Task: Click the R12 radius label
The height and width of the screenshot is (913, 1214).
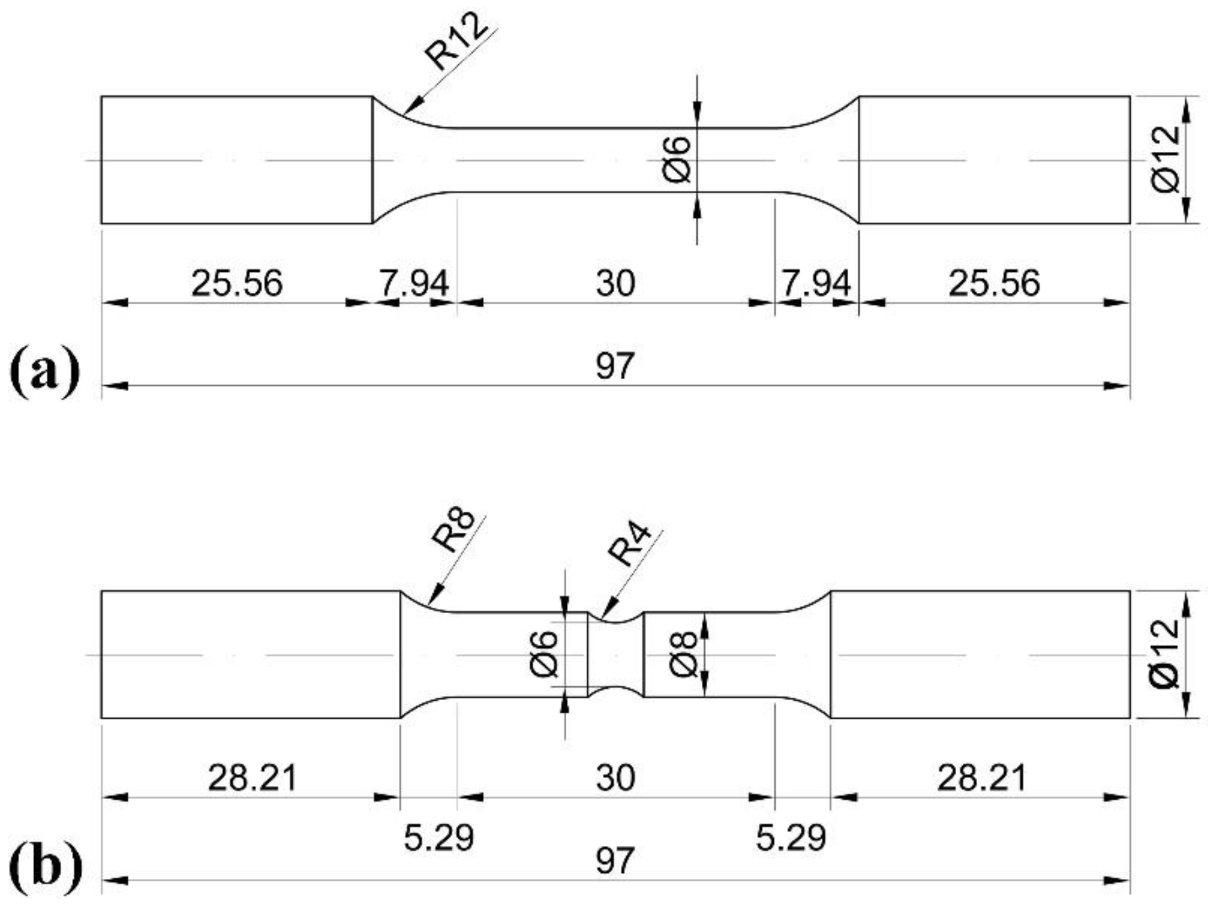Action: pyautogui.click(x=456, y=42)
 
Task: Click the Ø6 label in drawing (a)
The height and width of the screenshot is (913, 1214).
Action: pyautogui.click(x=677, y=160)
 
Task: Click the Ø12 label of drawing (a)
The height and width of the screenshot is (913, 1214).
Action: pyautogui.click(x=1167, y=160)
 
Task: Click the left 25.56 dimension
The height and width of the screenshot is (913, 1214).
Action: pyautogui.click(x=237, y=283)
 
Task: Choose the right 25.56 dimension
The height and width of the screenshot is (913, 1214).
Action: pyautogui.click(x=994, y=283)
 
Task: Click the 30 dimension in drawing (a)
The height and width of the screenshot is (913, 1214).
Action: pyautogui.click(x=615, y=283)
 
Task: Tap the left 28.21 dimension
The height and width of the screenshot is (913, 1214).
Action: pyautogui.click(x=252, y=778)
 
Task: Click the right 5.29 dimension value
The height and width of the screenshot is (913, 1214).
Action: pyautogui.click(x=790, y=838)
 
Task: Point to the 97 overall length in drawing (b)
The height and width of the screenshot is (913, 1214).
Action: pyautogui.click(x=615, y=861)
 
